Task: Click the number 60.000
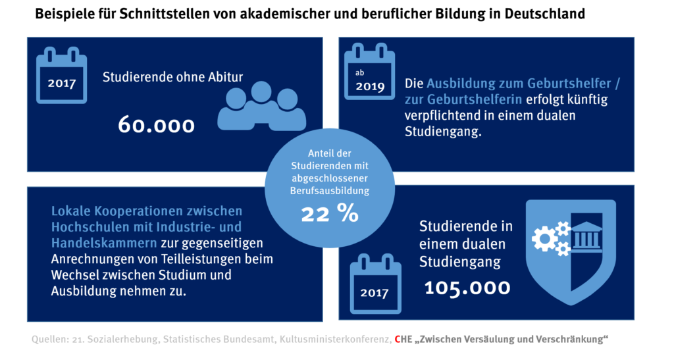pyautogui.click(x=156, y=124)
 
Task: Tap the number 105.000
pyautogui.click(x=467, y=287)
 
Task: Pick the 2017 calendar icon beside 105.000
pyautogui.click(x=375, y=282)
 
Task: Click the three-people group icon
pyautogui.click(x=261, y=105)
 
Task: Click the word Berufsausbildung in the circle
pyautogui.click(x=330, y=190)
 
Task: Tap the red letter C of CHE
pyautogui.click(x=397, y=339)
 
